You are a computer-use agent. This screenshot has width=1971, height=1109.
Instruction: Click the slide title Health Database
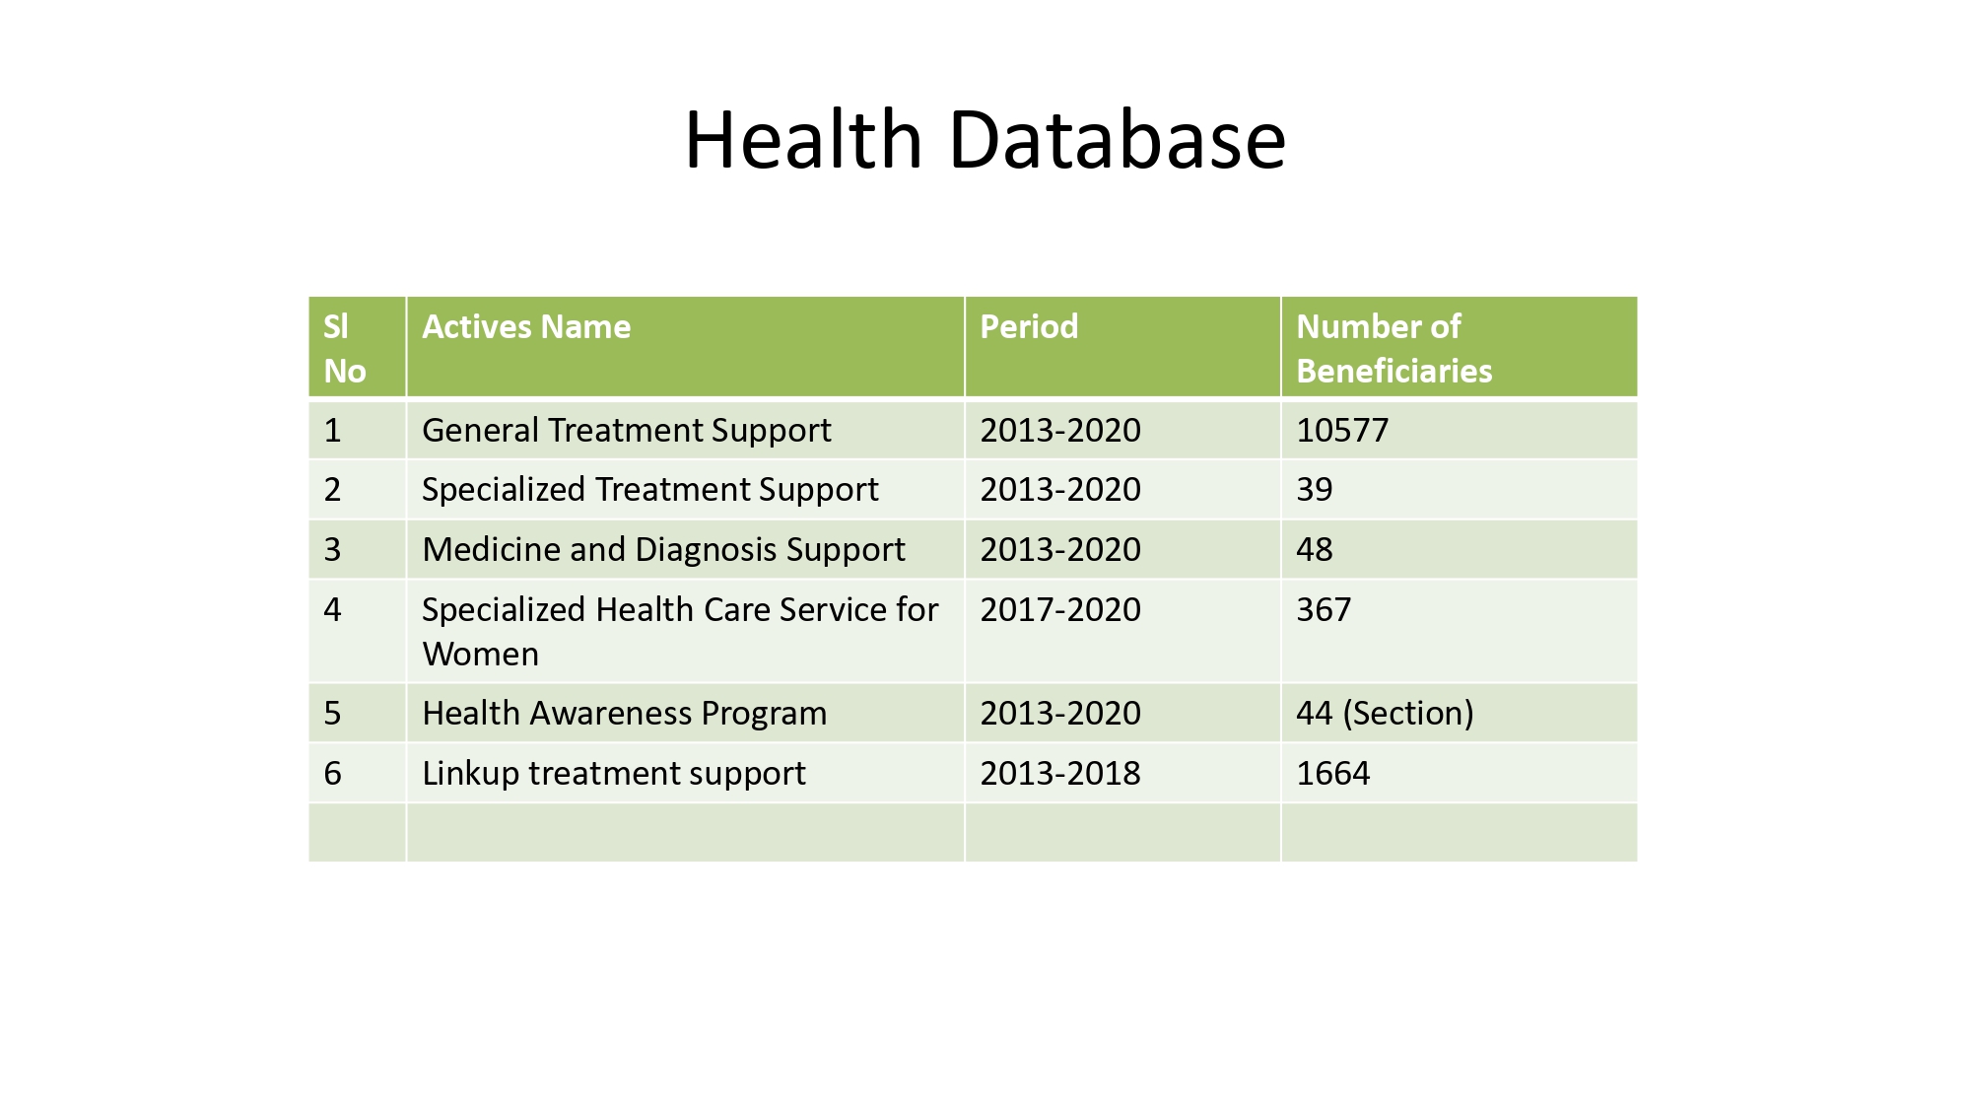[985, 140]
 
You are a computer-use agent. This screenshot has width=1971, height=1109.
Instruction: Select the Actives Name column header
[526, 326]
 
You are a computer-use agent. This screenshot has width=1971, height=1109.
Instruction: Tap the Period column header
[1029, 326]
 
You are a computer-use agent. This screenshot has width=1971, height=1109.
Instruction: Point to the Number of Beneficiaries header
[1393, 348]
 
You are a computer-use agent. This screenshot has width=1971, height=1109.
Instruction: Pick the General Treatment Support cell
[626, 431]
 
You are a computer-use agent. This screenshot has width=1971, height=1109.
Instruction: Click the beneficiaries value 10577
[1342, 431]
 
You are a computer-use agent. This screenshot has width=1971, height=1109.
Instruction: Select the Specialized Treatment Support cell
[649, 490]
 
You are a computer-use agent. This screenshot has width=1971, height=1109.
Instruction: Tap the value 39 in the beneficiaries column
[1315, 490]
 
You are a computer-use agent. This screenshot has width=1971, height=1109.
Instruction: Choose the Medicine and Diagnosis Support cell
[663, 550]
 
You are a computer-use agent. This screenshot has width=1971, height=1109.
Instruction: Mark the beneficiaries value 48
[1315, 550]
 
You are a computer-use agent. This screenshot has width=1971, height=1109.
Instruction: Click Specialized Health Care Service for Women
[680, 632]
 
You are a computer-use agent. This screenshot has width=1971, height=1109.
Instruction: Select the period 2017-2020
[1060, 610]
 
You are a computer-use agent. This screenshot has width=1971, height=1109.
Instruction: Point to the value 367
[1324, 610]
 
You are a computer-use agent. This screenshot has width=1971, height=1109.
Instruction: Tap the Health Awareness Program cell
[624, 714]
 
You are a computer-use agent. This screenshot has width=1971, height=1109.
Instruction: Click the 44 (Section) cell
[1385, 714]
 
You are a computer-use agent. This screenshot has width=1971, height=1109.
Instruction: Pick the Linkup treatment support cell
[613, 774]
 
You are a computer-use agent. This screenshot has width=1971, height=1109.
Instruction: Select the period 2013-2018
[1060, 774]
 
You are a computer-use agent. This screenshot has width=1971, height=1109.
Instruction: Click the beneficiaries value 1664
[1332, 774]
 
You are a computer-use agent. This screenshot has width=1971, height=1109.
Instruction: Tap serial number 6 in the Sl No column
[333, 774]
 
